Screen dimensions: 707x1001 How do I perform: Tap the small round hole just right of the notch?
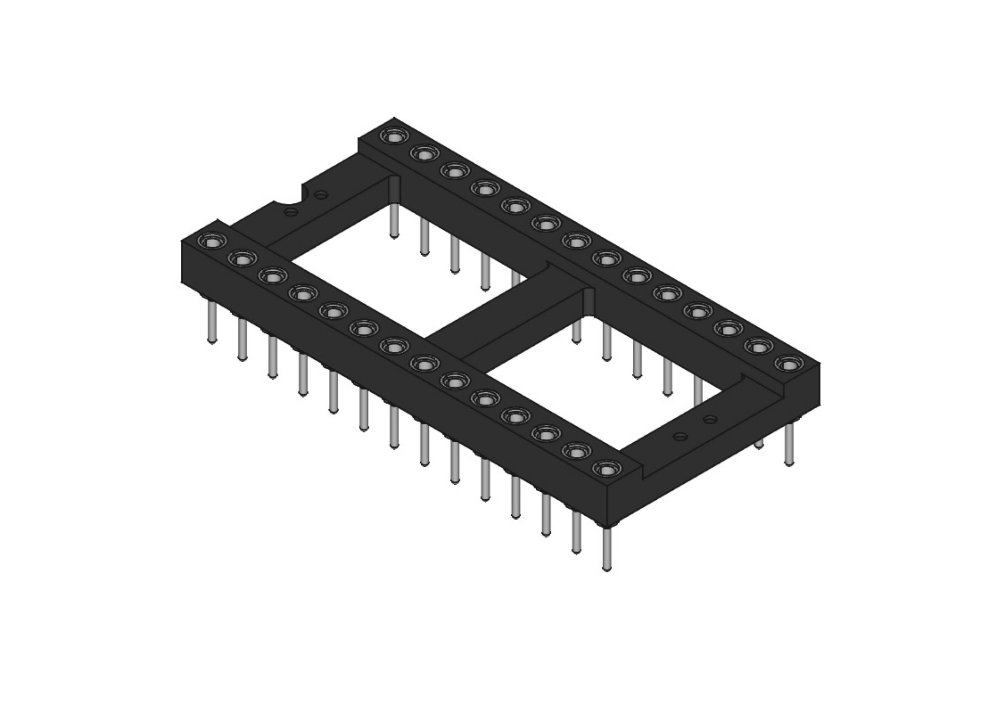click(321, 195)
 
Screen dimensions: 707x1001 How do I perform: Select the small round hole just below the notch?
click(291, 212)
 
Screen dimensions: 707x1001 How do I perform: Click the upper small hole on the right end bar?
click(711, 419)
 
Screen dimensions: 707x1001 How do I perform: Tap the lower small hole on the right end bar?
click(680, 436)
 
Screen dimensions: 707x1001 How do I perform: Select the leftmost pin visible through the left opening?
click(394, 220)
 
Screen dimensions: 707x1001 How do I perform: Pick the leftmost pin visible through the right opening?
click(576, 331)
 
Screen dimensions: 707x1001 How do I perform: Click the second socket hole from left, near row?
click(242, 259)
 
